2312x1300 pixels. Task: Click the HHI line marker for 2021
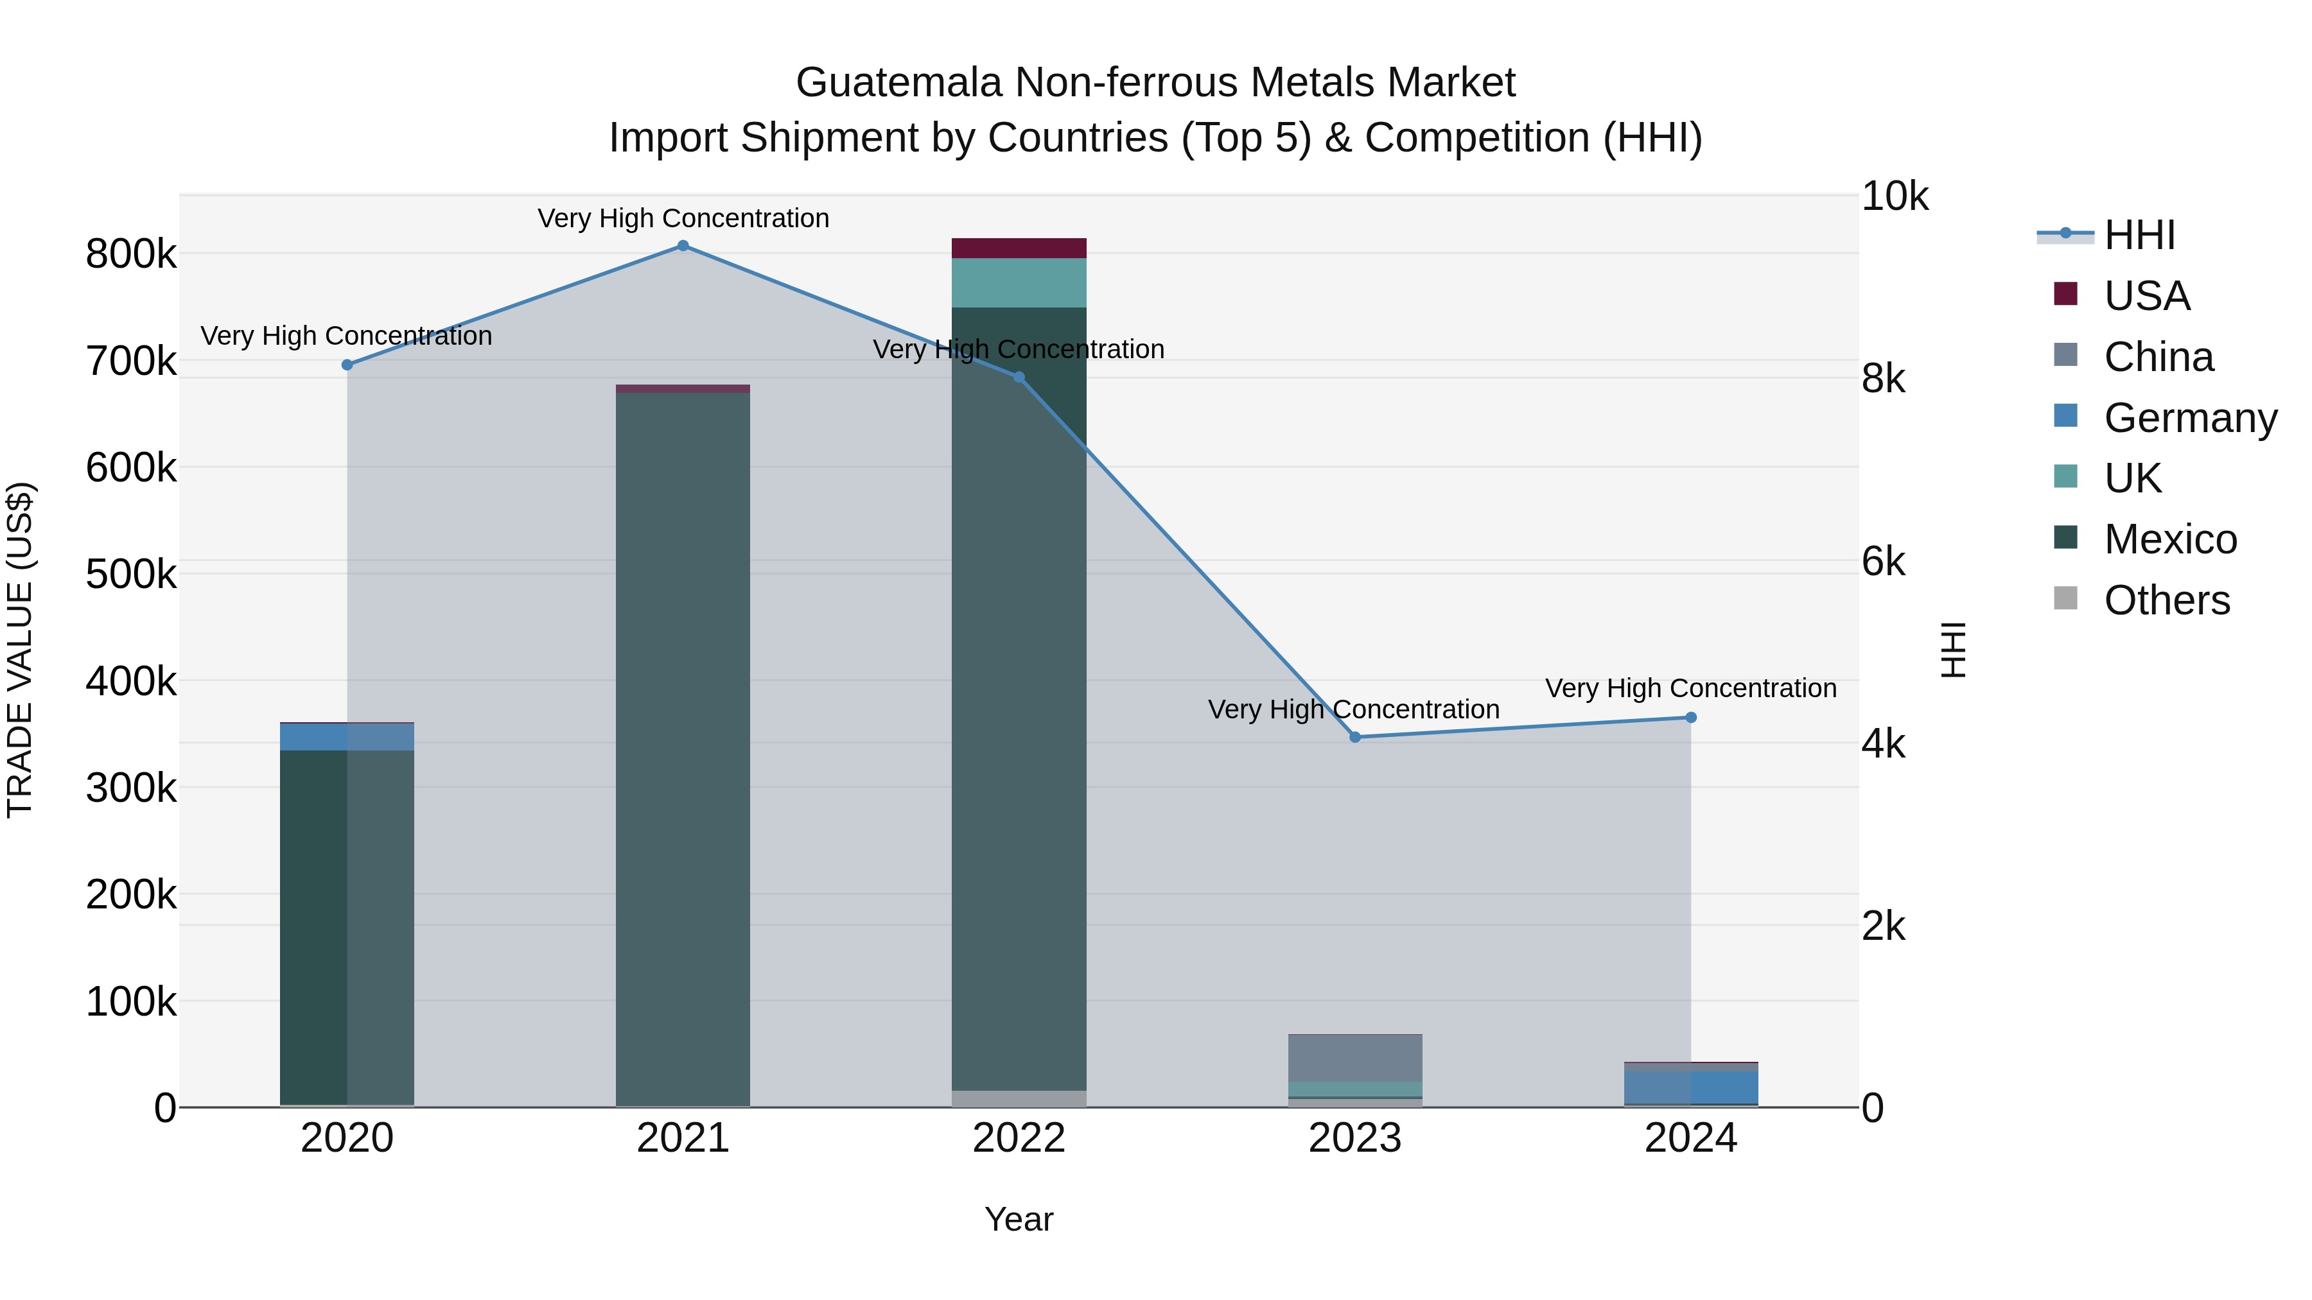pos(683,246)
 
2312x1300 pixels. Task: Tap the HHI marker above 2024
pos(1691,718)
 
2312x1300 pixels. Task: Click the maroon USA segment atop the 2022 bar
pos(1019,248)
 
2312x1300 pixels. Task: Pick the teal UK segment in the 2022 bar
pos(1019,282)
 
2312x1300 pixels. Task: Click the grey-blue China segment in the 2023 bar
pos(1355,1059)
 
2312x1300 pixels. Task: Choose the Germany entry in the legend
pos(2190,418)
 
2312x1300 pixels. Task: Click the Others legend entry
pos(2167,600)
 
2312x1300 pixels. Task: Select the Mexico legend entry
pos(2170,539)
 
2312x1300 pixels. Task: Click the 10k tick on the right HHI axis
pos(1895,196)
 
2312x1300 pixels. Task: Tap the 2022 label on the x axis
pos(1019,1138)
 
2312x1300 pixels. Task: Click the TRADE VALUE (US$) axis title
pos(21,650)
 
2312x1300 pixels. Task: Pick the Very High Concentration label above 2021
pos(683,219)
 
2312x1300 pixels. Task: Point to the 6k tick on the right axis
pos(1883,562)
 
